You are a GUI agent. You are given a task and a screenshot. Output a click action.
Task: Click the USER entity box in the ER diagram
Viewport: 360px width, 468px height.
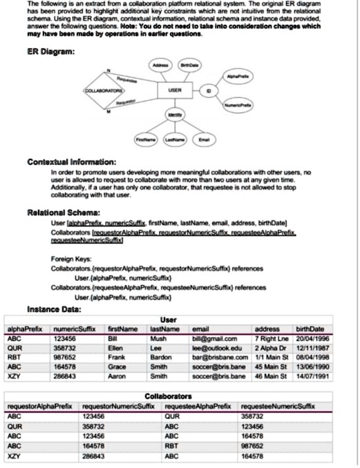pos(174,90)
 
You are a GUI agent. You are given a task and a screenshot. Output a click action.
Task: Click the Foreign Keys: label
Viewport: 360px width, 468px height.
pos(69,257)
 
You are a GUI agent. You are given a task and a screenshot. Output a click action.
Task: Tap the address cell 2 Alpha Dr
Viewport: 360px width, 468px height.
pos(272,348)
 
